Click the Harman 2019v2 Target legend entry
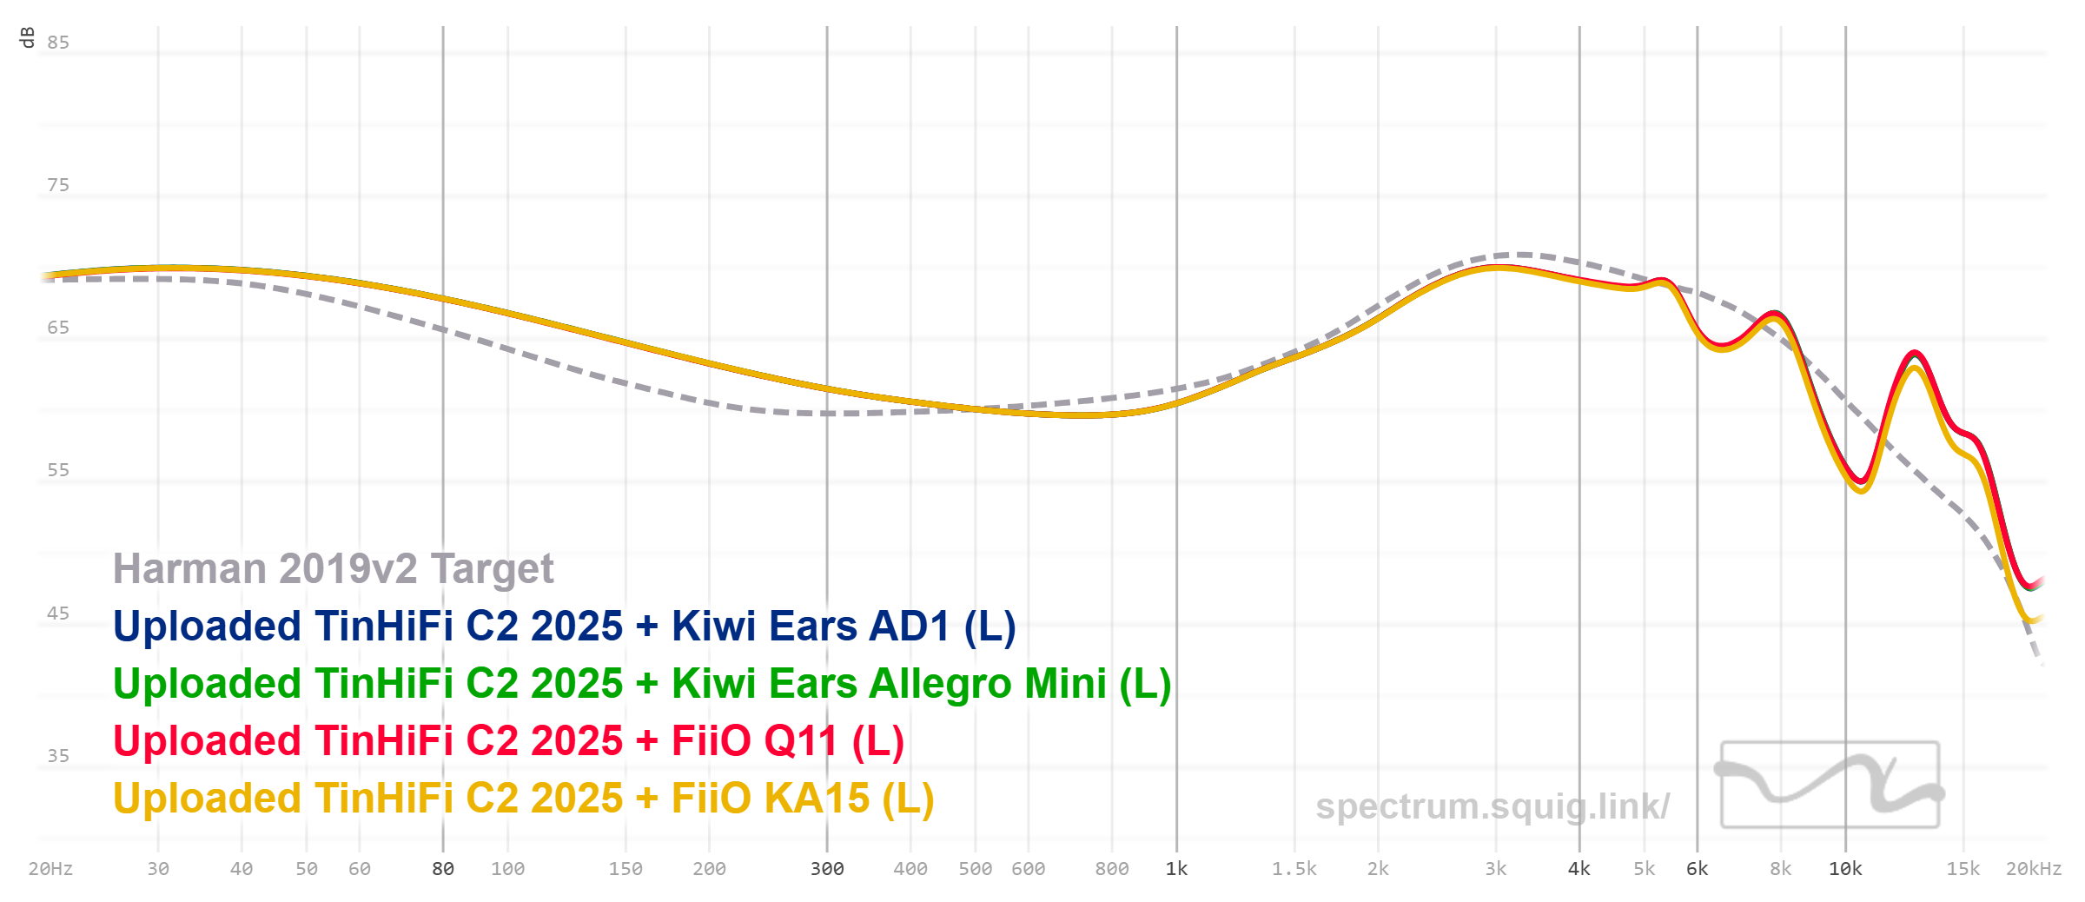coord(333,569)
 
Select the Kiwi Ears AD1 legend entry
coord(564,627)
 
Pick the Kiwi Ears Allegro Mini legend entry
coord(642,684)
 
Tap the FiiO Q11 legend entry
coord(508,741)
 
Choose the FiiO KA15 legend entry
coord(523,799)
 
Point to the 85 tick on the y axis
coord(58,43)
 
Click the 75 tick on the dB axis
coord(58,185)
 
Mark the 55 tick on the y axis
coord(58,470)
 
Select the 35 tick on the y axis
coord(58,756)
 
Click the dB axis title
coord(27,37)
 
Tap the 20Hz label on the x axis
coord(50,869)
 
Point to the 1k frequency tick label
coord(1176,869)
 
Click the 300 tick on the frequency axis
coord(827,869)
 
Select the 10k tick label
coord(1845,869)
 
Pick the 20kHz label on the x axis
coord(2033,869)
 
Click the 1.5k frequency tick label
coord(1294,869)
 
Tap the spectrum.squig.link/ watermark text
coord(1492,806)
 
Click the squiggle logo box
coord(1830,784)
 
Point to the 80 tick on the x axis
coord(443,869)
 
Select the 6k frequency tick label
coord(1697,869)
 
